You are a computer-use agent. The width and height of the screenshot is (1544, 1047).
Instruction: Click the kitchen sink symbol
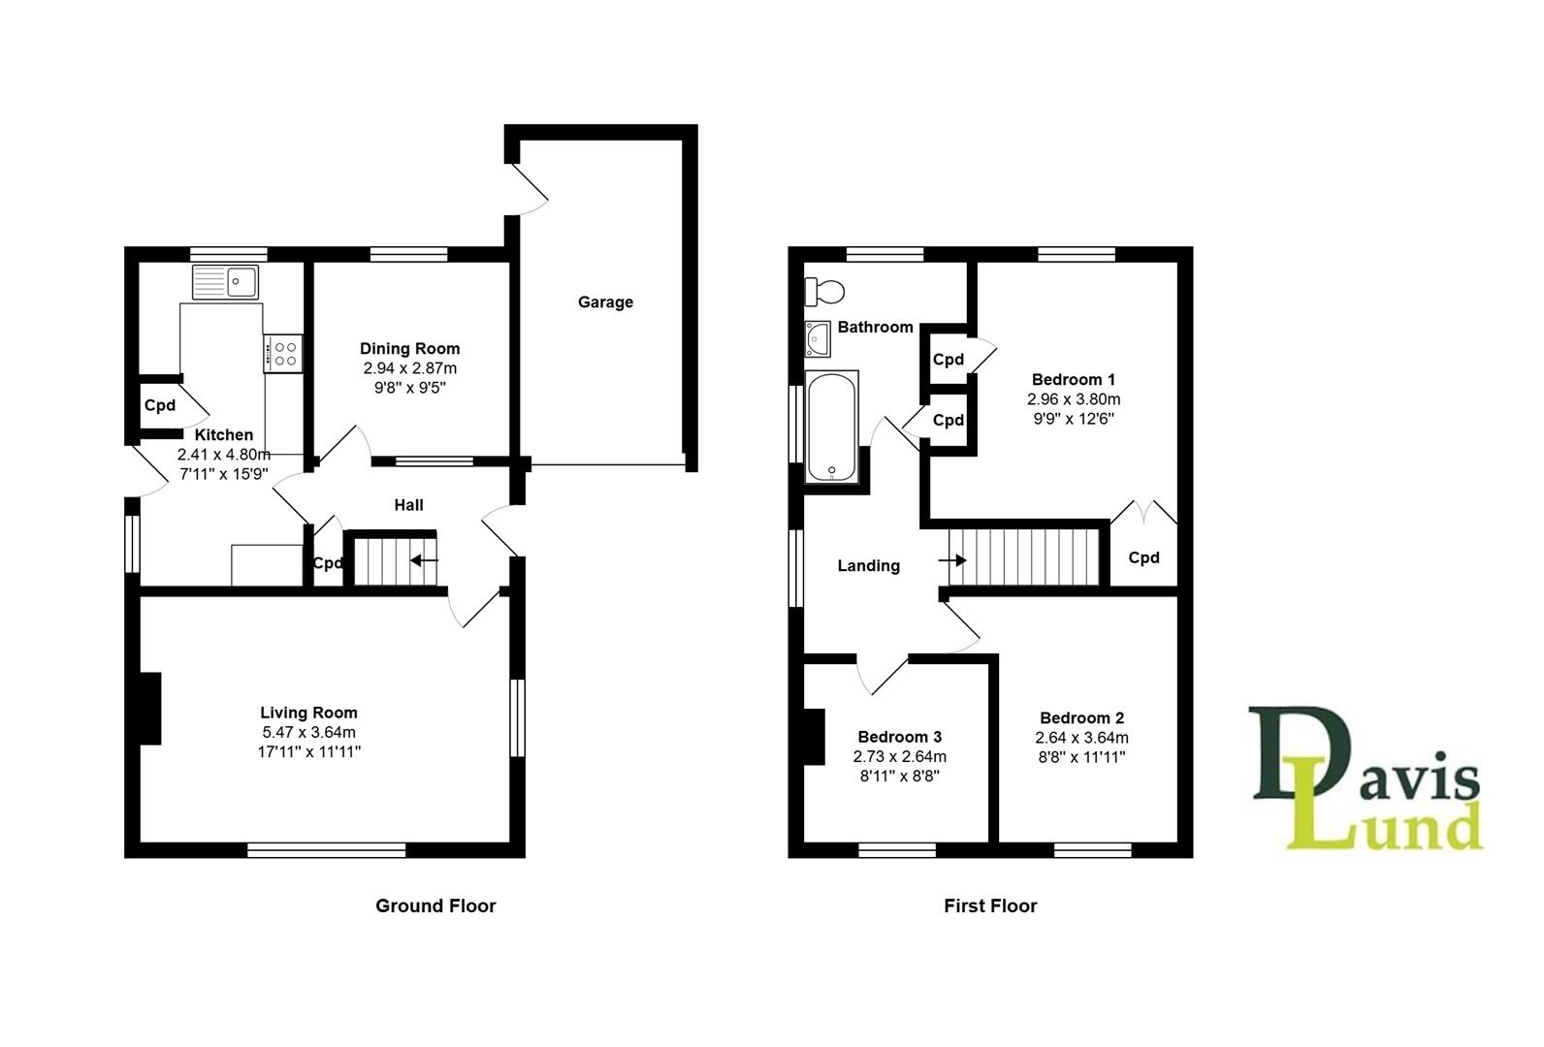coord(225,282)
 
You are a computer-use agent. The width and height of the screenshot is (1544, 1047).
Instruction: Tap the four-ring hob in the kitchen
coord(284,352)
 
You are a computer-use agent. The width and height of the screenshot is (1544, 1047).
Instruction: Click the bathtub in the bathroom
coord(832,427)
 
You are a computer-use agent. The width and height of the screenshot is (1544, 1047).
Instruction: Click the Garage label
coord(605,302)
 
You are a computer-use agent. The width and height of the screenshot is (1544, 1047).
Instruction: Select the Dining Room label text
coord(409,348)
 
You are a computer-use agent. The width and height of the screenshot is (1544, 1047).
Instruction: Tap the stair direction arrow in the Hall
coord(424,560)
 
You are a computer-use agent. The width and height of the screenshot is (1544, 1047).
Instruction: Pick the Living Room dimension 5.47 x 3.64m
coord(308,732)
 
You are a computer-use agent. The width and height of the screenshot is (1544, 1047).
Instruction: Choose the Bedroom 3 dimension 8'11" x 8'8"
coord(899,776)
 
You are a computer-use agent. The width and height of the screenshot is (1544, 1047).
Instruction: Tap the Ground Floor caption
coord(435,905)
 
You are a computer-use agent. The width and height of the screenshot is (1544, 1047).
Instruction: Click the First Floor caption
coord(990,905)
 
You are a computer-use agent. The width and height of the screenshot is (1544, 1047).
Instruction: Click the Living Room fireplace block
coord(149,709)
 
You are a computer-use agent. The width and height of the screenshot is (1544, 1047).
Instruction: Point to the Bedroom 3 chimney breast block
coord(813,737)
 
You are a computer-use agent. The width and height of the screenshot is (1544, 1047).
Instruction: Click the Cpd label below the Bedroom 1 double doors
coord(1143,557)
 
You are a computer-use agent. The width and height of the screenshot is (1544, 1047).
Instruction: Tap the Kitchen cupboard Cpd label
coord(160,405)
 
